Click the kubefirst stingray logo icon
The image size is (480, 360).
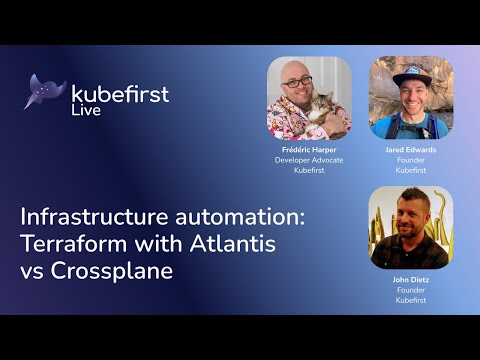(46, 92)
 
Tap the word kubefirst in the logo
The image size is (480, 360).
(120, 94)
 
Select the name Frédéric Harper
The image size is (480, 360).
(309, 150)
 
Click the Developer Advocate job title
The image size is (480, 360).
(309, 160)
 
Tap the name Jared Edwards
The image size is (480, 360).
(410, 150)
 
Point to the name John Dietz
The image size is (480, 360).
(410, 280)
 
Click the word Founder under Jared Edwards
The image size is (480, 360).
(410, 160)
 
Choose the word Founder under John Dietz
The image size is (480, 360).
(410, 290)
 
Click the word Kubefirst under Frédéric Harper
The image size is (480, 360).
(309, 170)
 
